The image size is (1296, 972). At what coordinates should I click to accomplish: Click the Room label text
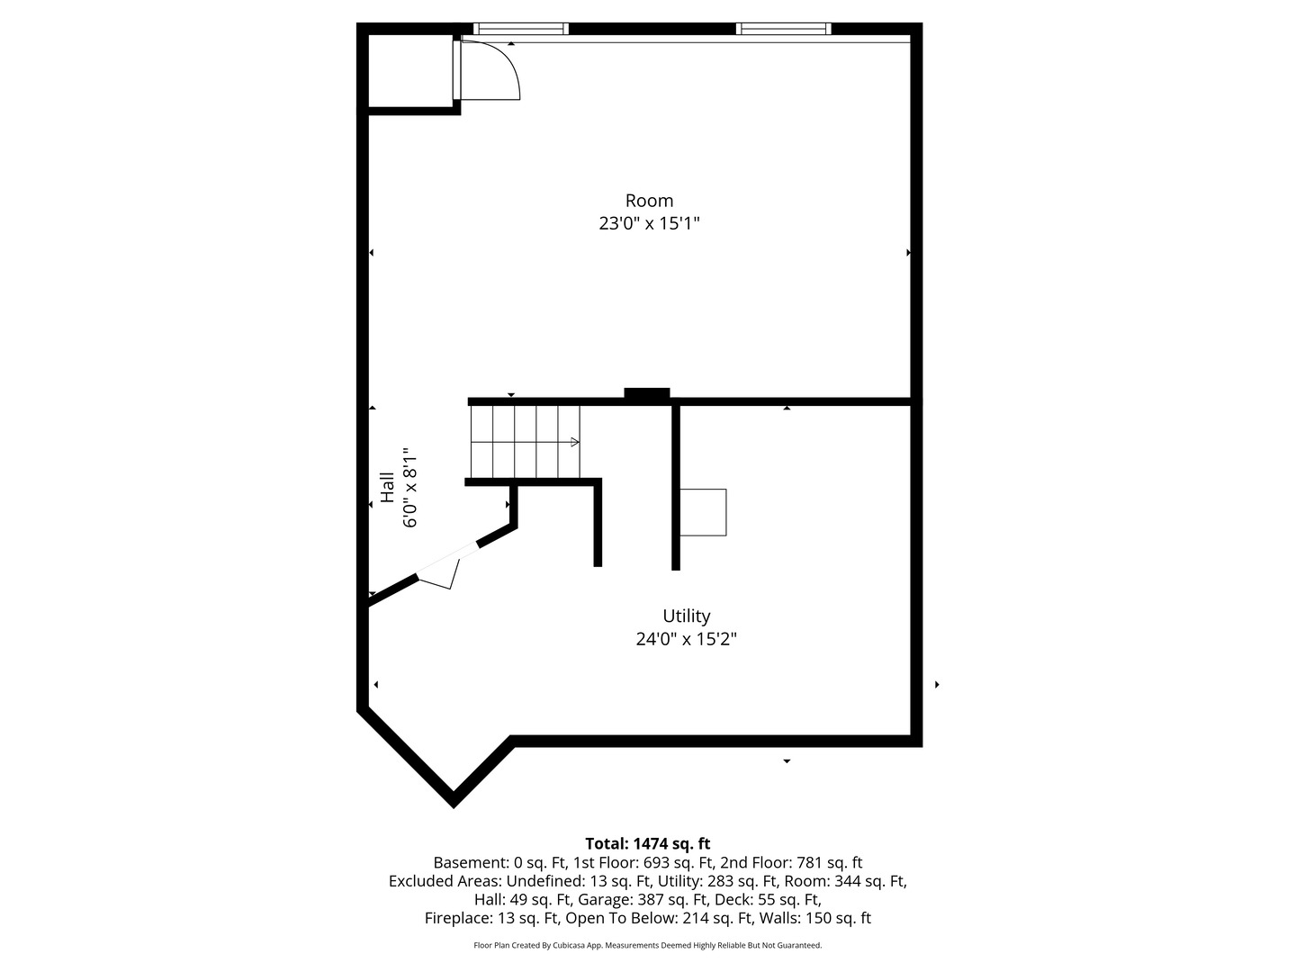[649, 201]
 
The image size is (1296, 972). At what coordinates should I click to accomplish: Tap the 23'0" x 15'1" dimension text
[649, 223]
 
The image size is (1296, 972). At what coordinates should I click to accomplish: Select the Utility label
[687, 616]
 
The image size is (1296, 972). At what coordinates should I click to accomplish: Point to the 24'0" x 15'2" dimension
[687, 640]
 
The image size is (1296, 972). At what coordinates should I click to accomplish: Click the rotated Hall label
[387, 488]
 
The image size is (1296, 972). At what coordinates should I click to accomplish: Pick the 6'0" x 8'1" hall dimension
[410, 488]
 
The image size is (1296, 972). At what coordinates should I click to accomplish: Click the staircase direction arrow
[573, 442]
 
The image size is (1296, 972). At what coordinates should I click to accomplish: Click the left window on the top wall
[521, 29]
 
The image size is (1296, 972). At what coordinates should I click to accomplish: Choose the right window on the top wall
[783, 29]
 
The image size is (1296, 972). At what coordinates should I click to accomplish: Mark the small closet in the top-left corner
[410, 72]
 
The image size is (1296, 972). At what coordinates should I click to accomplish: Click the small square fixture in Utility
[703, 512]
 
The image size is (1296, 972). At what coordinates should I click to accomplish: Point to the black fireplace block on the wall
[647, 393]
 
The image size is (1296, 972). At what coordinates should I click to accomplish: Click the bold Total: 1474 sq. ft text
[648, 844]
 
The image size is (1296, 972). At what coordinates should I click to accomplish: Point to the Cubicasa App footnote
[648, 946]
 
